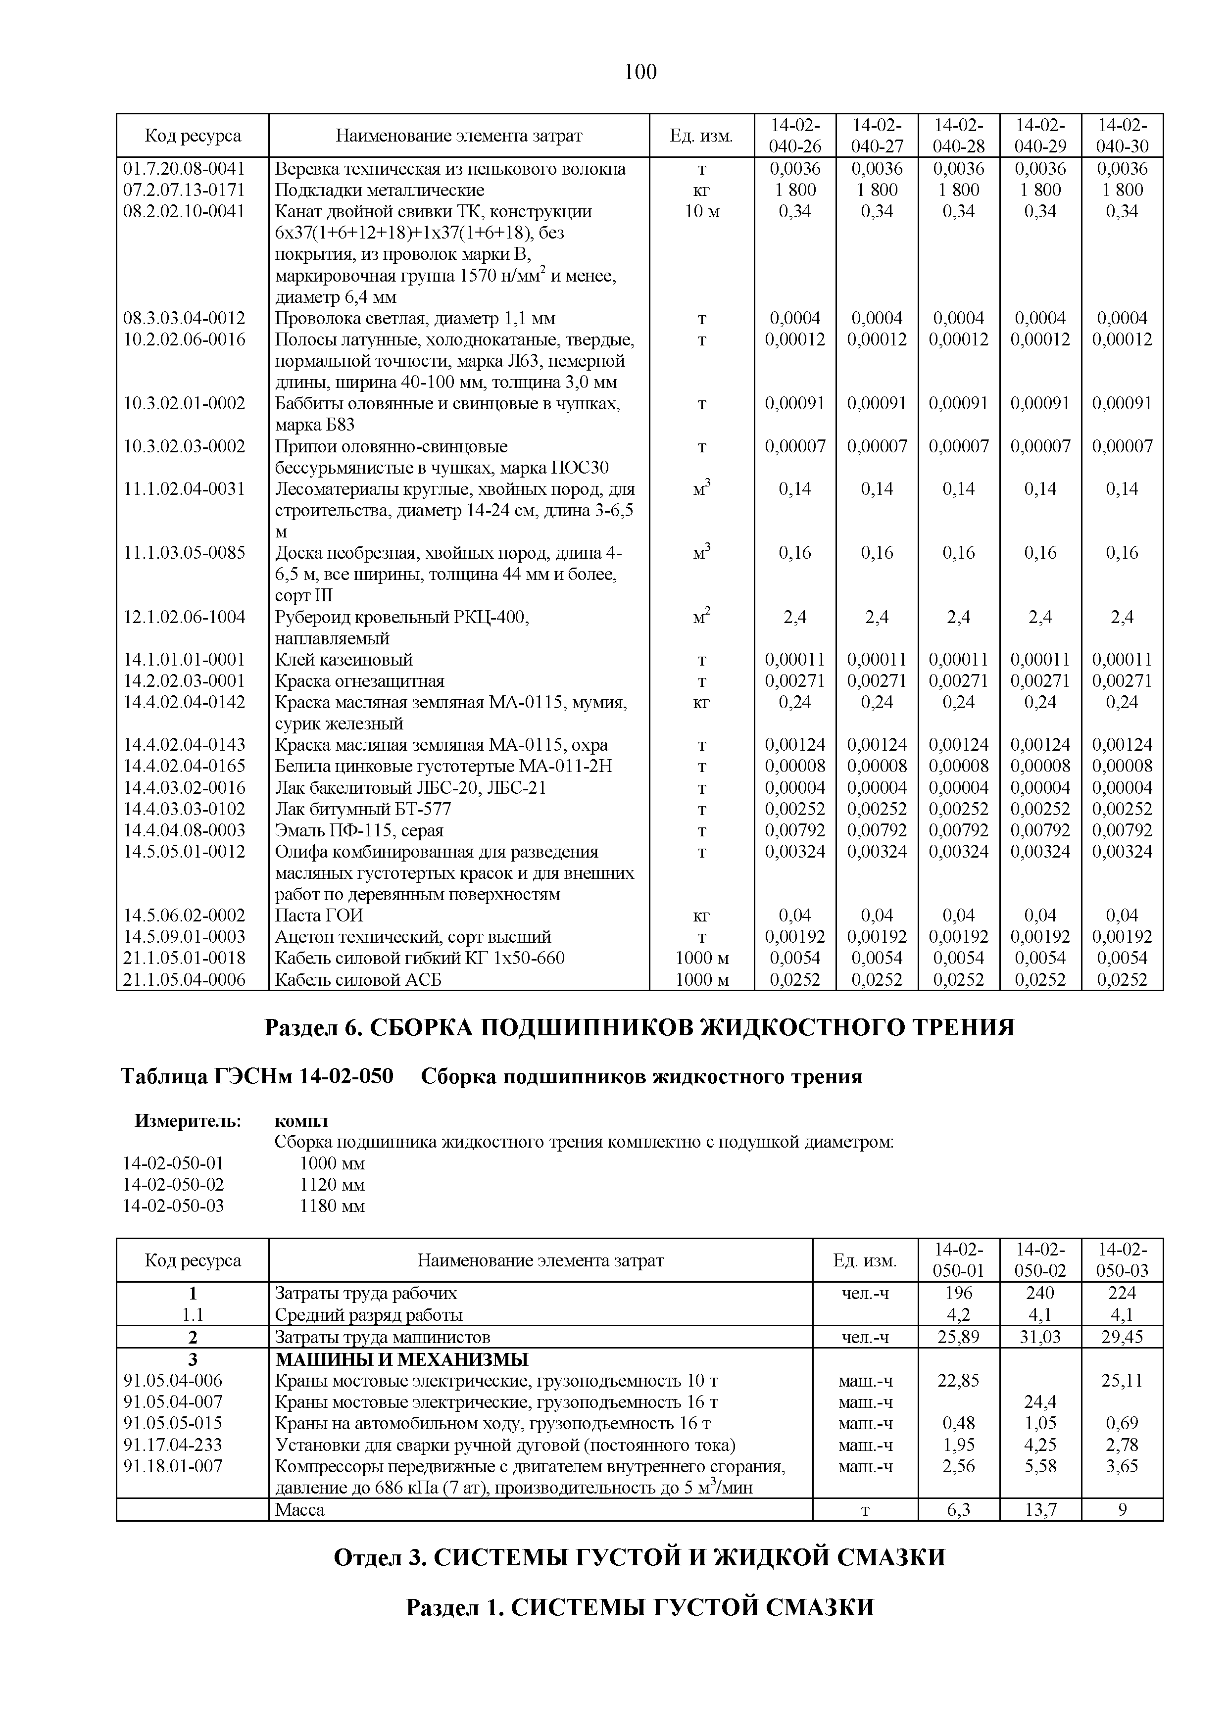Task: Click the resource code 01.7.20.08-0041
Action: tap(185, 169)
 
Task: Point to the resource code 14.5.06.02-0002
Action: tap(185, 916)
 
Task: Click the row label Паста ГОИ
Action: tap(319, 916)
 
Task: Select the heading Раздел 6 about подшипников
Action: tap(639, 1027)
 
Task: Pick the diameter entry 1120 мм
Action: tap(332, 1185)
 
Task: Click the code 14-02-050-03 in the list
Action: tap(173, 1206)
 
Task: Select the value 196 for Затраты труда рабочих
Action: tap(958, 1293)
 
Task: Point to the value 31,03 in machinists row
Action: tap(1040, 1337)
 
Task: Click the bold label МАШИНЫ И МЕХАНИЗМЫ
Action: tap(401, 1359)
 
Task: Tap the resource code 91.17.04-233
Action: tap(173, 1445)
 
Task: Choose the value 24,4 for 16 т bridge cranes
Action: tap(1040, 1402)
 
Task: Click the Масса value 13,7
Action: tap(1040, 1510)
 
